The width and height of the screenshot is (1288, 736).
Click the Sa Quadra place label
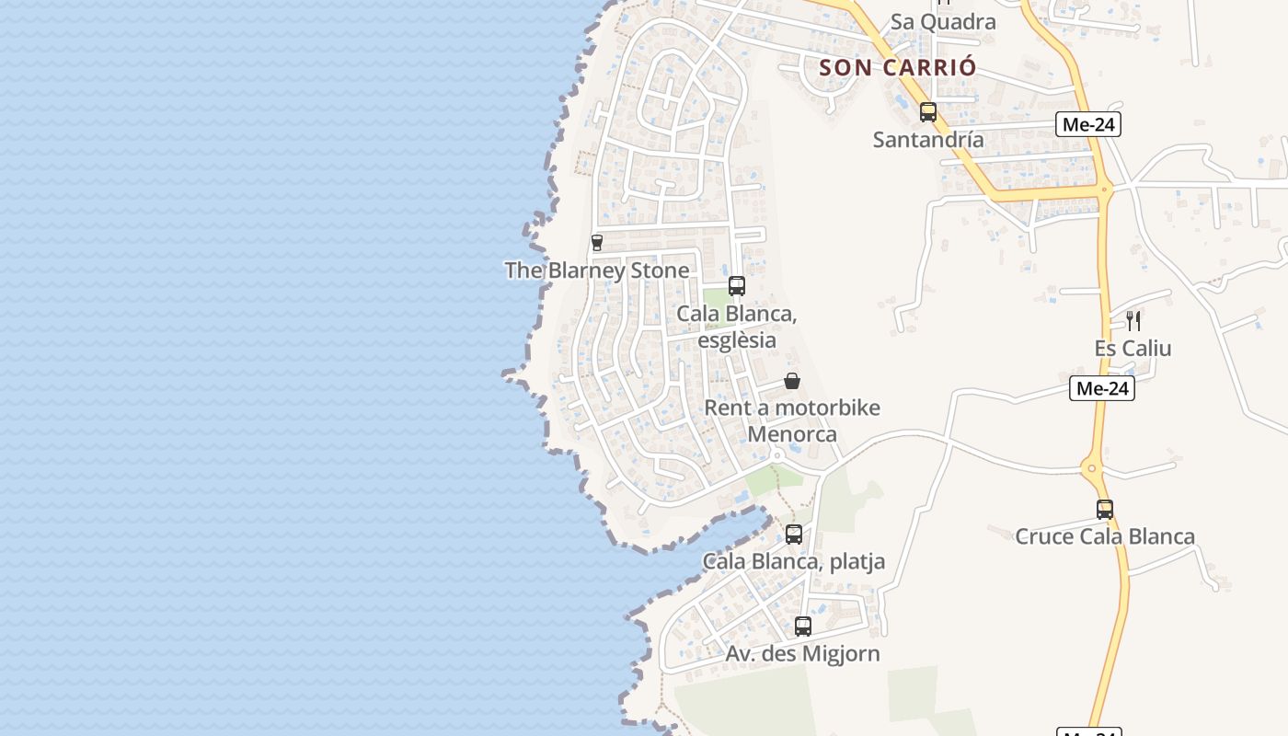pos(943,22)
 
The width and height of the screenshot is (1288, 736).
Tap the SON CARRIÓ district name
pos(897,67)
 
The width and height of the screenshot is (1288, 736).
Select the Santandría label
pos(928,140)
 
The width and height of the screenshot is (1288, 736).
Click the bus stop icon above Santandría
pos(928,112)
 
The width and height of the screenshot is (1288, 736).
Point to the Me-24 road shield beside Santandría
pos(1088,124)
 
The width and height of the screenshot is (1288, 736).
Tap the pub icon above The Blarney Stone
pos(597,243)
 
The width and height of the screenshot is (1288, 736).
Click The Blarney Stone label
pos(596,270)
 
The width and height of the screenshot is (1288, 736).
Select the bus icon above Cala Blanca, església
pos(737,286)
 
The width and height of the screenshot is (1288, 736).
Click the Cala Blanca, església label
pos(737,327)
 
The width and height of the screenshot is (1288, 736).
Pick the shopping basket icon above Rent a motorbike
pos(792,381)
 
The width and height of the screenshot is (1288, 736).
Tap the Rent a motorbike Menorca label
pos(792,420)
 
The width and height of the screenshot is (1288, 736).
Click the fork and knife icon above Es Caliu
pos(1133,321)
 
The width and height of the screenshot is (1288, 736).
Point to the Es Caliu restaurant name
pos(1133,349)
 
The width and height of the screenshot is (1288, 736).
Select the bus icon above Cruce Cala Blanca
pos(1105,509)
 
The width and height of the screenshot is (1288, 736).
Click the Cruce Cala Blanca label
pos(1105,536)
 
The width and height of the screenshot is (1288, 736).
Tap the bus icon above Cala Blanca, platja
pos(794,534)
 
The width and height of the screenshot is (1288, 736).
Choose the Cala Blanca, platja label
pos(794,561)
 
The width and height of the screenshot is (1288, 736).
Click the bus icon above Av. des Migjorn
pos(803,627)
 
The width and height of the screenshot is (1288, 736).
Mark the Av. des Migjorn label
pos(803,654)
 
